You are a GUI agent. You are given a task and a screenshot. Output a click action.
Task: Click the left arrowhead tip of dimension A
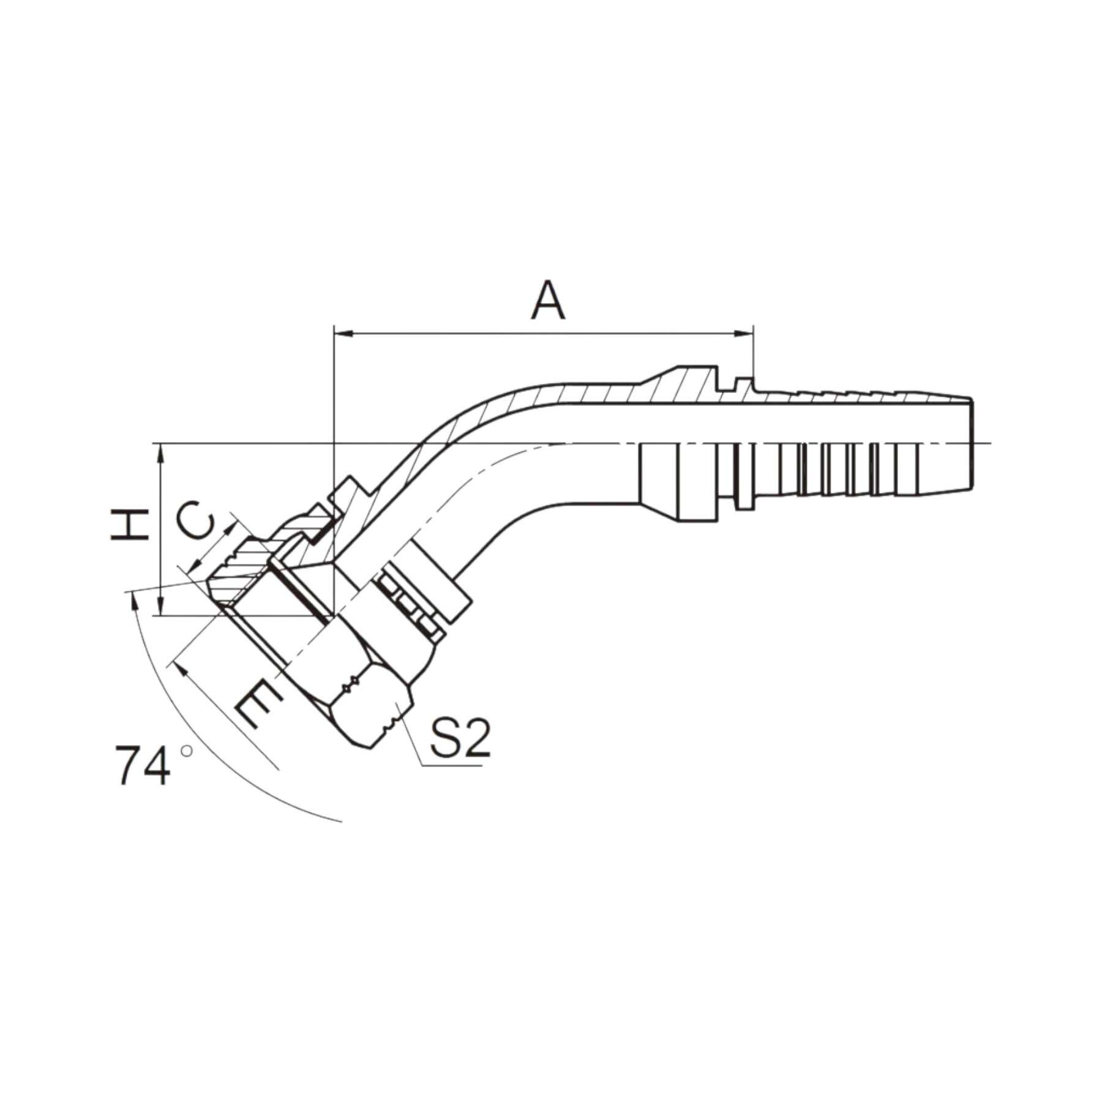(x=334, y=334)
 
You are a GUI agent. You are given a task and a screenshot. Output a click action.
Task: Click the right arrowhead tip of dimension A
(x=753, y=334)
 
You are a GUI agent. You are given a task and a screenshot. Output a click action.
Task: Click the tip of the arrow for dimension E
(x=175, y=662)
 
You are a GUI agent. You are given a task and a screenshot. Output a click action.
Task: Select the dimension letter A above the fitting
(x=548, y=301)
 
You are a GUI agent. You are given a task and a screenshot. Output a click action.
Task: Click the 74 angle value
(x=142, y=765)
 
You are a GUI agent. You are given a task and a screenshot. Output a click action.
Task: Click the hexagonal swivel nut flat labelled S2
(x=371, y=710)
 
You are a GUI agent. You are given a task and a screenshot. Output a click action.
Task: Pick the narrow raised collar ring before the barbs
(x=743, y=443)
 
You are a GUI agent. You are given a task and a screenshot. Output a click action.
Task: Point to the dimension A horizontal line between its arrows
(x=544, y=334)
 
